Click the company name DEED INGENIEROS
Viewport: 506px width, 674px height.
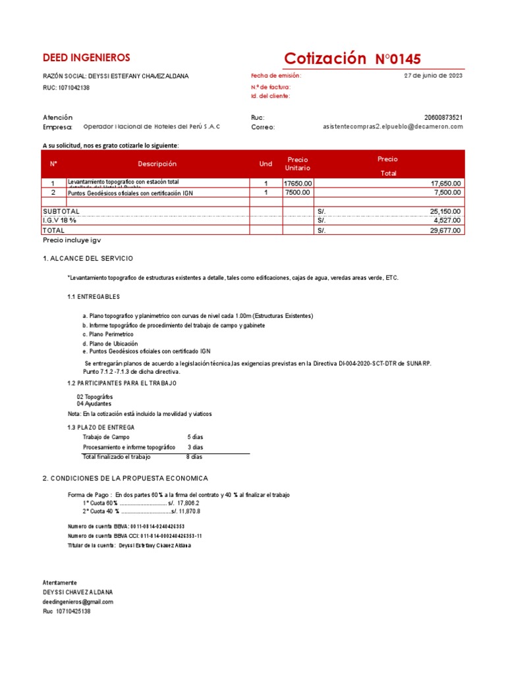click(x=86, y=58)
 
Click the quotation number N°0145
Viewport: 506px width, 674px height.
click(x=398, y=59)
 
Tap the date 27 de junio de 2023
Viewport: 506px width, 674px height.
click(x=433, y=76)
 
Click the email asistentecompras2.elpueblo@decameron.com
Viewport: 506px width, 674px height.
click(x=393, y=126)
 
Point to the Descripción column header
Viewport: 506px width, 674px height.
click(x=157, y=164)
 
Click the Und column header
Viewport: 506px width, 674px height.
click(x=266, y=164)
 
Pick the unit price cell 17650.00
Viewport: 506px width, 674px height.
click(x=298, y=183)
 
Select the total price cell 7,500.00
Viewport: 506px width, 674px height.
click(x=447, y=193)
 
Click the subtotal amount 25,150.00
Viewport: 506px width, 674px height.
click(x=445, y=211)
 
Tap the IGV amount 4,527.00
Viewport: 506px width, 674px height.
click(x=447, y=221)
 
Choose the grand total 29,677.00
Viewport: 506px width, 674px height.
click(x=445, y=231)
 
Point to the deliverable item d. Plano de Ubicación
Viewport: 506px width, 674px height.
click(x=110, y=344)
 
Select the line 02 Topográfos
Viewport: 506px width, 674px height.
click(x=95, y=397)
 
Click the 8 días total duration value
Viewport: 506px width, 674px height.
click(x=194, y=456)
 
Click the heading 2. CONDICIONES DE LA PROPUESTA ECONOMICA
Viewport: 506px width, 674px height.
click(x=125, y=478)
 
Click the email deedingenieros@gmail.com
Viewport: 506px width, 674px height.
click(x=78, y=602)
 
